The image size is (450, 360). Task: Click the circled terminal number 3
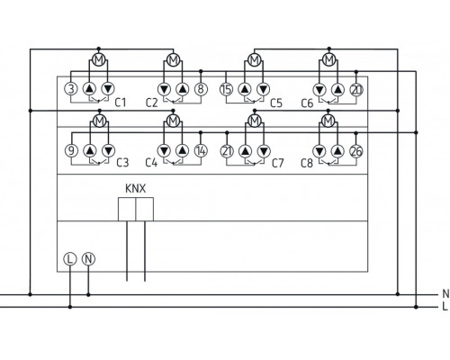pos(71,88)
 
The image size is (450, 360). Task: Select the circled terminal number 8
pos(200,88)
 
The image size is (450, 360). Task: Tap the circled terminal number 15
pos(226,88)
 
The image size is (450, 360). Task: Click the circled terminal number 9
pos(71,149)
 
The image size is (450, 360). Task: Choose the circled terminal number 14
pos(200,149)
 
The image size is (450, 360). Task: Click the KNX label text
pos(134,190)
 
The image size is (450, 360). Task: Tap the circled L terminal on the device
pos(70,258)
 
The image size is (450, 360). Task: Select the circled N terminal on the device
pos(88,258)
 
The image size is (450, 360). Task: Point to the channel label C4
pos(150,163)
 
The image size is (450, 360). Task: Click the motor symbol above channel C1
pos(98,60)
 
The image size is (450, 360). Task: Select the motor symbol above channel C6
pos(328,60)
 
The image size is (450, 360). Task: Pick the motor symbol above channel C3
pos(98,121)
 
